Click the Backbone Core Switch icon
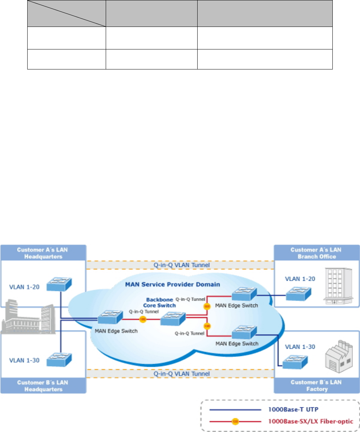pos(173,319)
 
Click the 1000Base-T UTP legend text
pos(292,409)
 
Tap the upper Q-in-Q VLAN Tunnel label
pos(180,265)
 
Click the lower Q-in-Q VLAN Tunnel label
pos(180,373)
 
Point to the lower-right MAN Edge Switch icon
pos(244,332)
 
